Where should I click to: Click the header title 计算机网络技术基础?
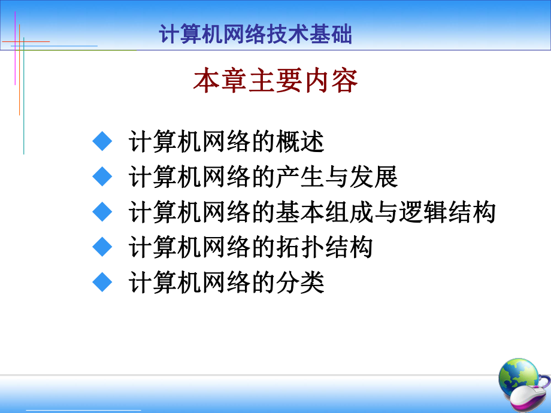[x=256, y=35]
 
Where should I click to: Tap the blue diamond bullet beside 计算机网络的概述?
[x=103, y=141]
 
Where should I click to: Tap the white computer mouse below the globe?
[x=527, y=400]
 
